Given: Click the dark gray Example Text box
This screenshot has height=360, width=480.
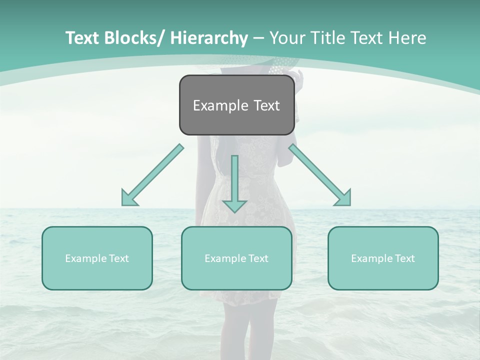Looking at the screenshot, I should [236, 105].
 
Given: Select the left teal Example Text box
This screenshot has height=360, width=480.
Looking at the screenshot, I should [97, 258].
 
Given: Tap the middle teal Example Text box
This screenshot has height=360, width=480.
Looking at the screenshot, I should [236, 258].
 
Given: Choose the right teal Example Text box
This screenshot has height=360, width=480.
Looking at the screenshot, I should [383, 258].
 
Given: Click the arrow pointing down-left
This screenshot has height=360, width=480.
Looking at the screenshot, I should [152, 175].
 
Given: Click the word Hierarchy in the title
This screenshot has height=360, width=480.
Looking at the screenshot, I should [208, 38].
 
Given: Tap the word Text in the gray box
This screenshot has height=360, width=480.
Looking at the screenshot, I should [266, 105].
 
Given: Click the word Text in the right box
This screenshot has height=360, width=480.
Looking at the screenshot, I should [405, 258].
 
